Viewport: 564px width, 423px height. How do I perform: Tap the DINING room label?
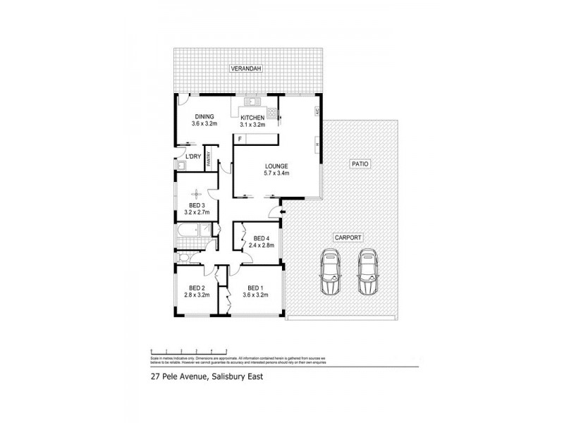coord(204,116)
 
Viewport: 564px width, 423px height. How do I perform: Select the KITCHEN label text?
coord(252,116)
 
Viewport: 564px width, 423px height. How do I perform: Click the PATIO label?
coord(360,164)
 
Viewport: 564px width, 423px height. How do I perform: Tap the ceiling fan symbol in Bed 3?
coord(197,192)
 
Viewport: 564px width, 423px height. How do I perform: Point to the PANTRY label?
coord(209,160)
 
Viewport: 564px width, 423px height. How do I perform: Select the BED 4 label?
coord(262,238)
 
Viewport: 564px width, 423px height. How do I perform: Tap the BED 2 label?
coord(197,287)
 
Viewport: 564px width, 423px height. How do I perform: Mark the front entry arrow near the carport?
coord(283,210)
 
